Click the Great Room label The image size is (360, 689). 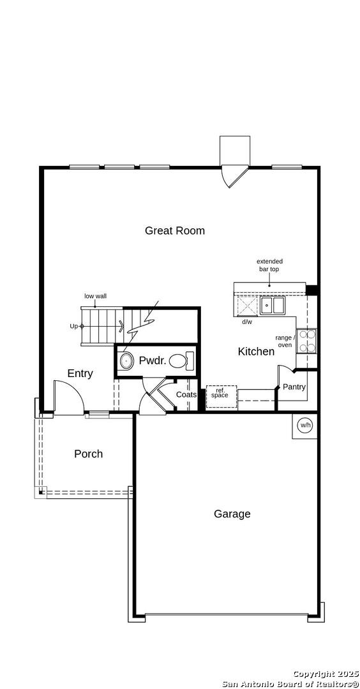(175, 231)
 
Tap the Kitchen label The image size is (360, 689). (256, 352)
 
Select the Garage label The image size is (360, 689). (232, 514)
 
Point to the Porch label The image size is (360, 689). (88, 454)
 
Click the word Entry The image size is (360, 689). (80, 374)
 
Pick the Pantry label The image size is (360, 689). (294, 387)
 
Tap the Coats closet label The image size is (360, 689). (186, 395)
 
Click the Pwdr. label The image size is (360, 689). (153, 361)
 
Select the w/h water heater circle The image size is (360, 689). (305, 426)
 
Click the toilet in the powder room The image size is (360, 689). (181, 361)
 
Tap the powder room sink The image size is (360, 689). (126, 361)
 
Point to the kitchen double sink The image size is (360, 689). (272, 306)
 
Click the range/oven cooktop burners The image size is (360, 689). (306, 341)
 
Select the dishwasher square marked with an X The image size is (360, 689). (246, 306)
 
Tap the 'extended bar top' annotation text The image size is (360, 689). (269, 265)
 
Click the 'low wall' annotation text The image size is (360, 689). (96, 297)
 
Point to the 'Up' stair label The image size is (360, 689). (74, 326)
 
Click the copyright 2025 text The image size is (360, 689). (326, 674)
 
